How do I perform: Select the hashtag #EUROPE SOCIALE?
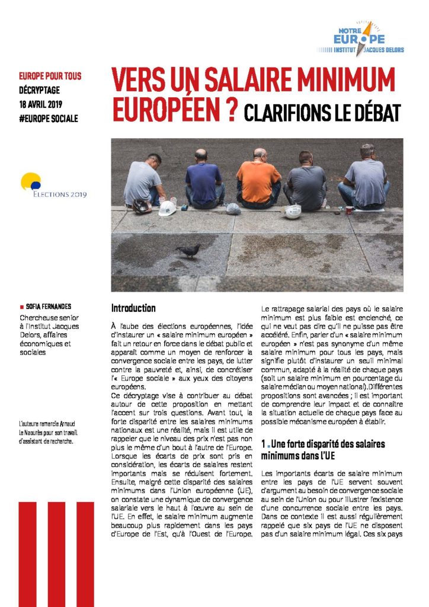point(49,119)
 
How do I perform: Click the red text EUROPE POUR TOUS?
point(50,76)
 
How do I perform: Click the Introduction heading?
point(133,308)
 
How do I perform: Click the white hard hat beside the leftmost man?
point(167,208)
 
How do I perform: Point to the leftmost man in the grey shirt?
point(144,180)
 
